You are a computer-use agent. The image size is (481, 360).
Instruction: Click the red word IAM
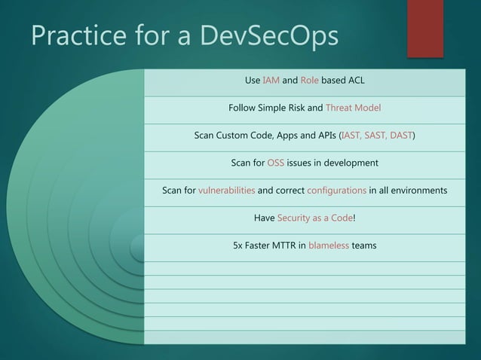coord(271,80)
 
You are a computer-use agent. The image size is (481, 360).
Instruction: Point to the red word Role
coord(310,80)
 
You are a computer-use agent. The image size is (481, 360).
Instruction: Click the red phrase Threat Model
coord(353,108)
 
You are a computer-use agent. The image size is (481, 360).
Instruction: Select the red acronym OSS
coord(275,163)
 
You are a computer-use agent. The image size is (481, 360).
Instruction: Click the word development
coord(347,163)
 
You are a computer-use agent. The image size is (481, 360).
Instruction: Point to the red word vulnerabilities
coord(226,191)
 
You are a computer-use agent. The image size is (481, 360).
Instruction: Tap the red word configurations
coord(336,191)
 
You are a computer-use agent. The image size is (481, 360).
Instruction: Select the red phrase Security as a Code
coord(314,218)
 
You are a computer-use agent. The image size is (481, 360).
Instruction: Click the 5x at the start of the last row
coord(239,246)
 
